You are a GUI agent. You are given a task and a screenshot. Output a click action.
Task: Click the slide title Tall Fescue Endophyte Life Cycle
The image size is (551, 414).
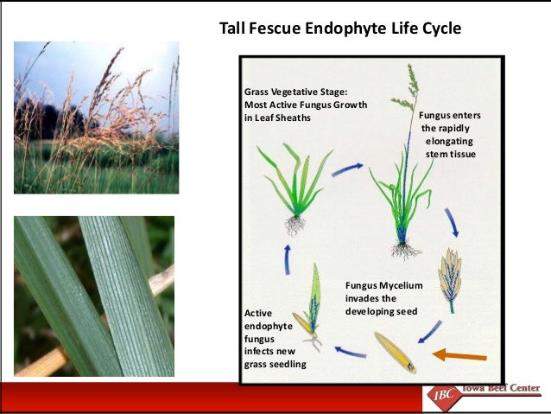tap(341, 29)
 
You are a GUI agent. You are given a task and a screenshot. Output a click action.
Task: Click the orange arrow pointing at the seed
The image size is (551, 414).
tap(460, 353)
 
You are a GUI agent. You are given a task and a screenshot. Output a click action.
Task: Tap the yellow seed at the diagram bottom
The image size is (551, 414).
tap(395, 353)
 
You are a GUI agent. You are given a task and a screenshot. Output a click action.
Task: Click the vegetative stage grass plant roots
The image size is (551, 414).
tap(294, 226)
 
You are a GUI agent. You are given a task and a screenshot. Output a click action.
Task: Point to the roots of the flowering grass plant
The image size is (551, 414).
tap(404, 251)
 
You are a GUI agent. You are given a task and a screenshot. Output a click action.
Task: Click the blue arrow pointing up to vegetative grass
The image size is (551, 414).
tap(287, 258)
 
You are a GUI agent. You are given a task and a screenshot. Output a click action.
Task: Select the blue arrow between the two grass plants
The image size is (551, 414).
tap(347, 169)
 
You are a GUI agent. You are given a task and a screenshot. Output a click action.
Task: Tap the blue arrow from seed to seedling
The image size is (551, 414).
tap(350, 351)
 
